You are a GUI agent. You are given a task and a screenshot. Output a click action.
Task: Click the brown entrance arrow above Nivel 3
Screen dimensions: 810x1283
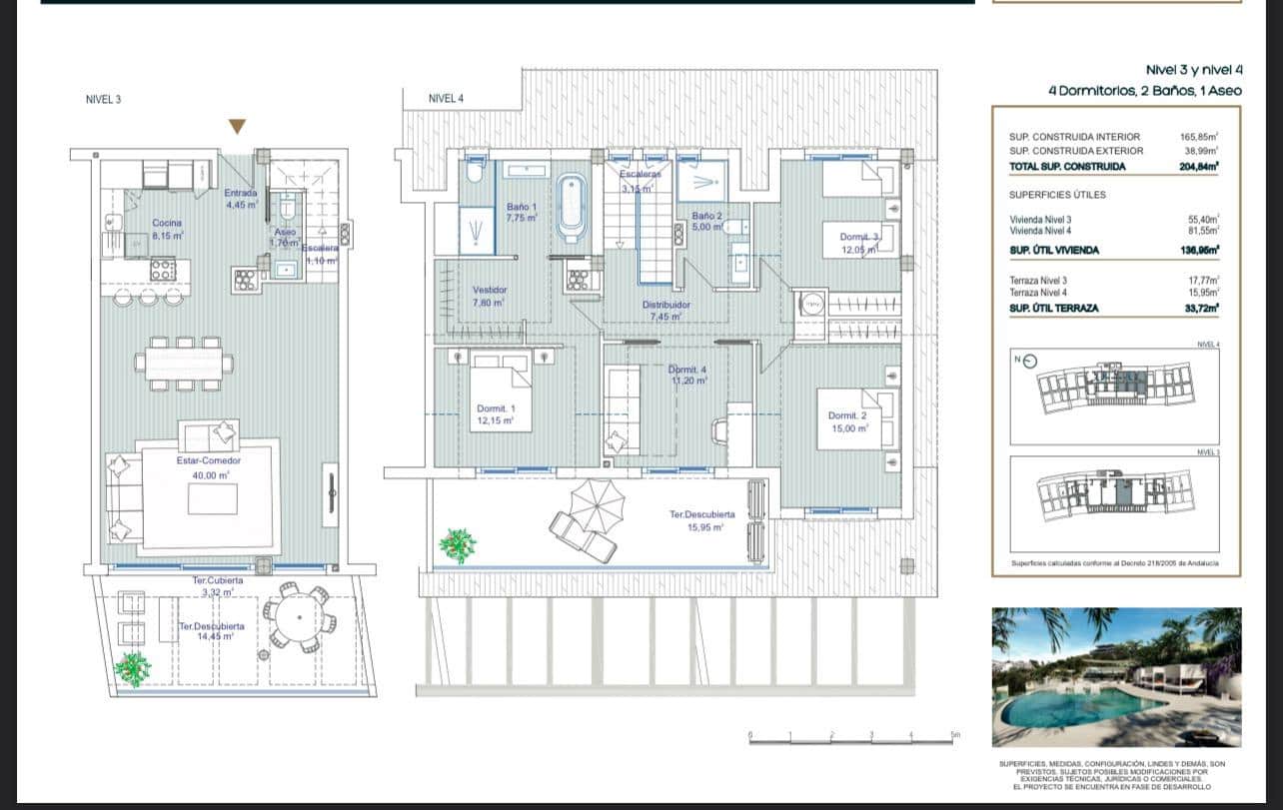(237, 126)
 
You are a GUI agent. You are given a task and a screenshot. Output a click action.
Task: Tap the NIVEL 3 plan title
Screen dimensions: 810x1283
(103, 99)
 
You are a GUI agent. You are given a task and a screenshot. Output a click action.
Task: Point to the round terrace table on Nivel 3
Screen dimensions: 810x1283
(297, 617)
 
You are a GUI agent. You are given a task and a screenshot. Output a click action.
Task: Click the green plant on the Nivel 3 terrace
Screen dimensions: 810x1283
(132, 668)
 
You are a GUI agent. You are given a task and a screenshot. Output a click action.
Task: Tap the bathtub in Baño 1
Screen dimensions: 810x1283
(572, 208)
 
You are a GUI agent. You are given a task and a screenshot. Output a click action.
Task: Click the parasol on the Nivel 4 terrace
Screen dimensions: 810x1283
(597, 504)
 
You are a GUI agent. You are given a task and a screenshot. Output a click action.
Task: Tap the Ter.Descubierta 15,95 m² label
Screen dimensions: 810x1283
(702, 520)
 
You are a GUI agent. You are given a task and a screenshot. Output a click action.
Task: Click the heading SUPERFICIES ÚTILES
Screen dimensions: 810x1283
(1056, 195)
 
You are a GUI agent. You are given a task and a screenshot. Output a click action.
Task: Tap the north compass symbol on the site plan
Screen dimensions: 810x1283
(1030, 362)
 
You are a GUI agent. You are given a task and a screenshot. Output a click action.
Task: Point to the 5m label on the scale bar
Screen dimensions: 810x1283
(954, 735)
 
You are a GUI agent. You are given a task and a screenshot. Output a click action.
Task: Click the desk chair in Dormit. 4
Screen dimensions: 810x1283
(720, 430)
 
